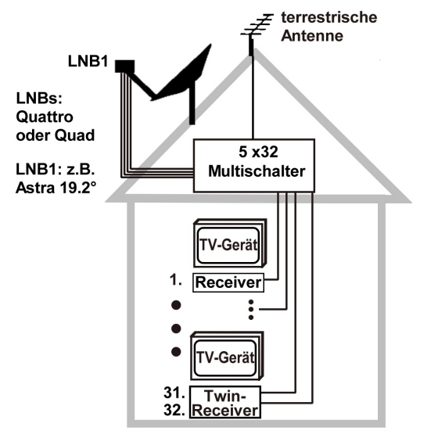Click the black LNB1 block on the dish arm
pos(124,66)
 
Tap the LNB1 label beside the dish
pos(88,61)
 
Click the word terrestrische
pos(329,17)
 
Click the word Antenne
pos(312,36)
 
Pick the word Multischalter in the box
pos(257,171)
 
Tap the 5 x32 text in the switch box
pos(258,152)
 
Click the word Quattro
pos(45,117)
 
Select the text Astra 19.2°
pos(56,188)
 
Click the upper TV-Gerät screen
pos(228,246)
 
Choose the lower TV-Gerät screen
pos(225,358)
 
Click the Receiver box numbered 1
pos(228,282)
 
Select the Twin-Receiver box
pos(225,402)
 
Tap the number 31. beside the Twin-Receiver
pos(174,393)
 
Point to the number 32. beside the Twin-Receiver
pos(174,410)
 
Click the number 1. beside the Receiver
pos(176,280)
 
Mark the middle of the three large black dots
pos(176,328)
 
